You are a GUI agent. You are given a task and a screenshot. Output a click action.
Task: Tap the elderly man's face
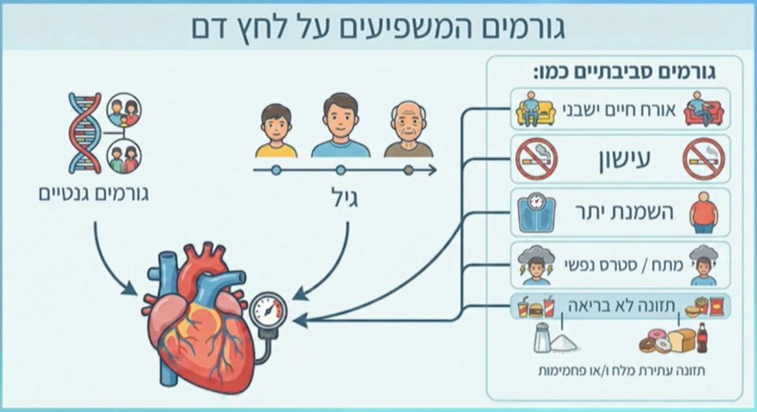tap(407, 123)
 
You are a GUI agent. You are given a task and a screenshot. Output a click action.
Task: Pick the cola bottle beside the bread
tap(702, 341)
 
